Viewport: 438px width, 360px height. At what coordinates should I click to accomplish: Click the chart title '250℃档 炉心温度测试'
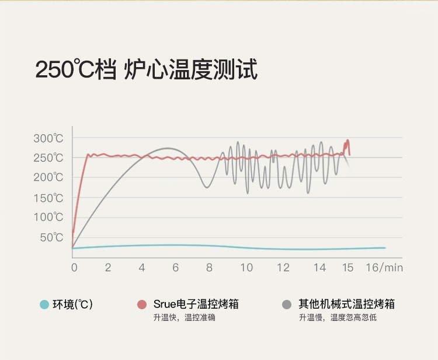pyautogui.click(x=146, y=69)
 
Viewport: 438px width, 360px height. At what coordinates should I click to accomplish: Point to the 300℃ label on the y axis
pyautogui.click(x=48, y=138)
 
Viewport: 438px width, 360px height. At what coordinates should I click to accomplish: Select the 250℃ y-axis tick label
pyautogui.click(x=48, y=158)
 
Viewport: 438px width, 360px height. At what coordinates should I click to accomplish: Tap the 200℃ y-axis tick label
pyautogui.click(x=48, y=177)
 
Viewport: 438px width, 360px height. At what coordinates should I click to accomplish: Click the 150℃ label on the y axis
pyautogui.click(x=48, y=198)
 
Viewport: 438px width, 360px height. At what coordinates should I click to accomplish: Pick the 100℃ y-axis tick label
pyautogui.click(x=48, y=217)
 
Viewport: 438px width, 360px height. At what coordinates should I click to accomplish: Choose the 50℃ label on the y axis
pyautogui.click(x=51, y=237)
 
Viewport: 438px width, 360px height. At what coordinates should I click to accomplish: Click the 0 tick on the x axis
pyautogui.click(x=74, y=268)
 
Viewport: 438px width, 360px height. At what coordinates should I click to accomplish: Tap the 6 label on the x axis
pyautogui.click(x=175, y=268)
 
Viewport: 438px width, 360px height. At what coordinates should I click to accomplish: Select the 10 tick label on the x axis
pyautogui.click(x=246, y=268)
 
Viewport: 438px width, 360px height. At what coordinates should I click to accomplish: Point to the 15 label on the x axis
pyautogui.click(x=348, y=268)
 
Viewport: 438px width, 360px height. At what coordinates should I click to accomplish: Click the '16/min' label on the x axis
pyautogui.click(x=384, y=268)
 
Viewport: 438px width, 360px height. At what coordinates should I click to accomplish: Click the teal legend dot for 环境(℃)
pyautogui.click(x=44, y=304)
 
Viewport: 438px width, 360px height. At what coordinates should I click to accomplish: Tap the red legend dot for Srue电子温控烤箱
pyautogui.click(x=142, y=304)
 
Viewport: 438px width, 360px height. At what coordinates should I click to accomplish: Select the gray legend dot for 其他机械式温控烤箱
pyautogui.click(x=287, y=304)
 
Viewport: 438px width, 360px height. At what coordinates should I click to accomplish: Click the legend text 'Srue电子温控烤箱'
pyautogui.click(x=196, y=304)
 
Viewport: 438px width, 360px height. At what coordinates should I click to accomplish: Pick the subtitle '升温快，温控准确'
pyautogui.click(x=184, y=317)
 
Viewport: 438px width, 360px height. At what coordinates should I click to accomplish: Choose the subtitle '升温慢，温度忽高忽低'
pyautogui.click(x=338, y=317)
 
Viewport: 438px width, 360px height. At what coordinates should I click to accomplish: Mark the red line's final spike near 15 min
pyautogui.click(x=347, y=141)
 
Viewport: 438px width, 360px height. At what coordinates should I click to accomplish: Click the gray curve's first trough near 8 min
pyautogui.click(x=206, y=187)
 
